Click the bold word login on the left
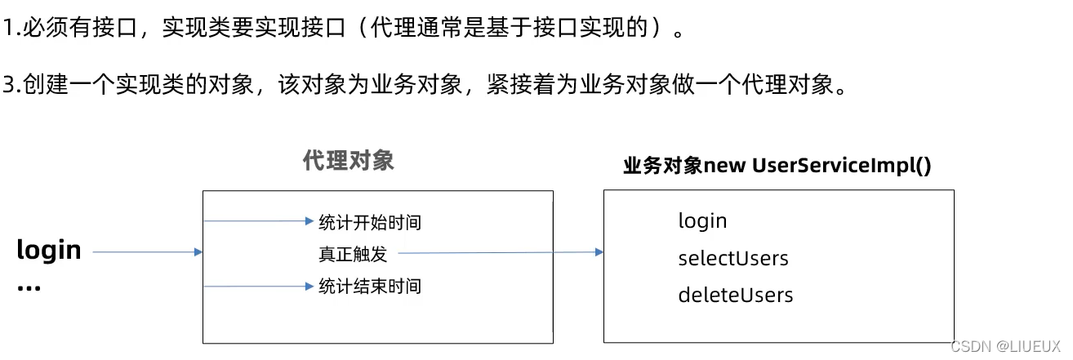click(49, 250)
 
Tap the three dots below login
click(29, 287)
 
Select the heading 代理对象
click(348, 160)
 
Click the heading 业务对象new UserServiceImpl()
click(777, 166)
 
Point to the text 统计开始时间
click(370, 222)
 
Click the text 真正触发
click(352, 254)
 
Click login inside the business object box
click(702, 220)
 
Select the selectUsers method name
click(733, 258)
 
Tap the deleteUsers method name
click(735, 295)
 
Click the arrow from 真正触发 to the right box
click(498, 253)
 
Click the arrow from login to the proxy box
click(147, 252)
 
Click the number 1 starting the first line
click(8, 29)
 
